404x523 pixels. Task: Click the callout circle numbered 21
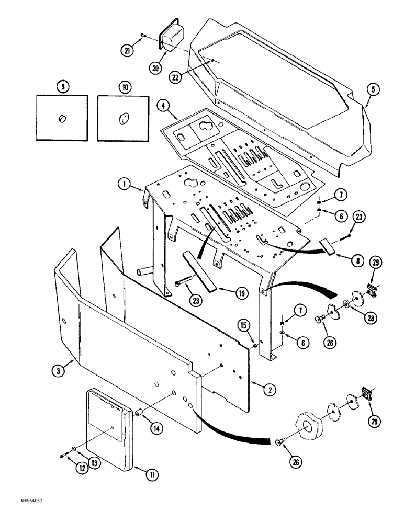tap(126, 51)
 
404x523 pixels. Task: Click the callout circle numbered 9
tap(63, 87)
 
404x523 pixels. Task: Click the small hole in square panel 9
tap(61, 119)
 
